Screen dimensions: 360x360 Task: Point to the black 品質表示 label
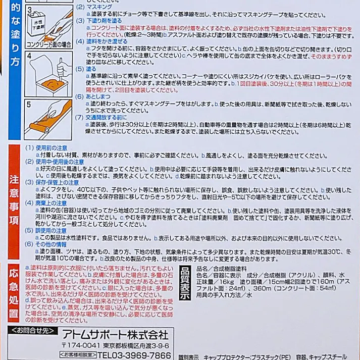pyautogui.click(x=185, y=283)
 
